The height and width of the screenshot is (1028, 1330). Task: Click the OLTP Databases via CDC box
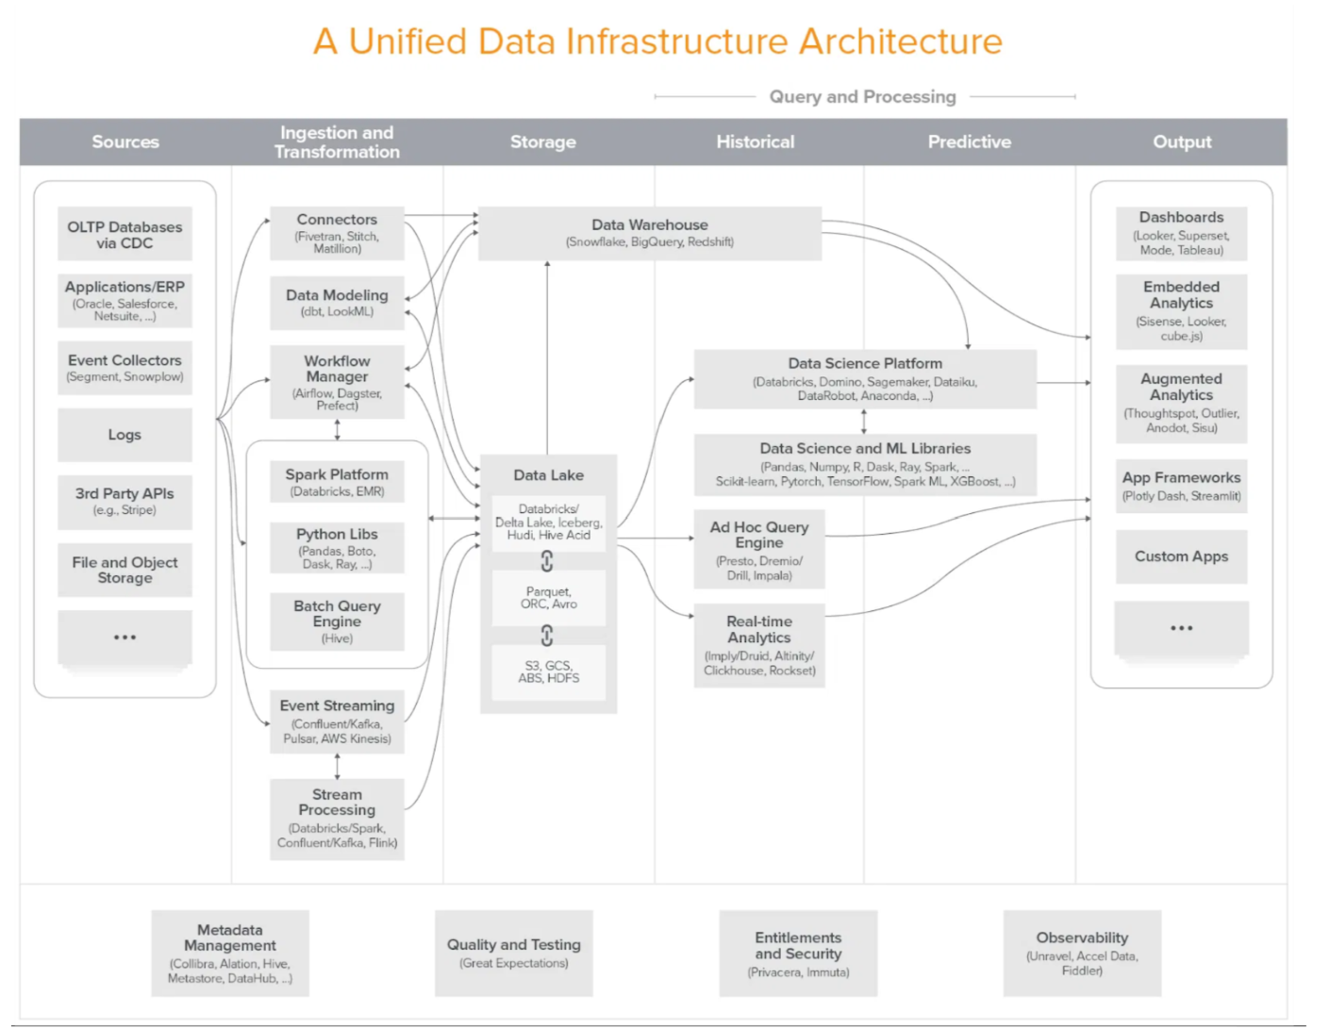(x=125, y=234)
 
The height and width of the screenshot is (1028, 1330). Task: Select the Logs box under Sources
(x=125, y=435)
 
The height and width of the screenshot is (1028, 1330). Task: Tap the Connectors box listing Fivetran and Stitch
(x=338, y=233)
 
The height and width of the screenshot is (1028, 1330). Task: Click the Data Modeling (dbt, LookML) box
(x=338, y=303)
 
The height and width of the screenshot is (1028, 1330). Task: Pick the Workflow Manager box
(x=338, y=382)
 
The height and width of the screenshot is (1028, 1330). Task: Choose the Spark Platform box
(x=338, y=482)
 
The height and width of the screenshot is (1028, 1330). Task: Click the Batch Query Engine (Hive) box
(x=338, y=622)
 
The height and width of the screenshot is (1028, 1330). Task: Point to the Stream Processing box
(x=338, y=819)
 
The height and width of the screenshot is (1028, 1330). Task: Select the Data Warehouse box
(x=650, y=233)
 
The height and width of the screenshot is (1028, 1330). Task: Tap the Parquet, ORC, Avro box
(x=549, y=598)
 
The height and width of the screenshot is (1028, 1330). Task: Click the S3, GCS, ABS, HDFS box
(x=549, y=672)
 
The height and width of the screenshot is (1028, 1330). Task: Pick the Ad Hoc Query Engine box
(x=759, y=549)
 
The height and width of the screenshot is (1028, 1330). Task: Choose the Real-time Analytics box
(x=759, y=645)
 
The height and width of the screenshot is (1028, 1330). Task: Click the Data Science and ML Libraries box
(x=866, y=464)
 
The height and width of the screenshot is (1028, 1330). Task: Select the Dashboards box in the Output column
(x=1181, y=233)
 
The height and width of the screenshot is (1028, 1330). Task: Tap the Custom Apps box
(x=1181, y=556)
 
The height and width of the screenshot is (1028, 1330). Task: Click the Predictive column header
(x=970, y=142)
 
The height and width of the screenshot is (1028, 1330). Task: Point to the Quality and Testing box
(x=514, y=953)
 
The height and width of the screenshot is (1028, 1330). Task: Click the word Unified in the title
(x=407, y=41)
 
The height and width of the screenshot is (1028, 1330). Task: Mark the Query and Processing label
(x=862, y=97)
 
